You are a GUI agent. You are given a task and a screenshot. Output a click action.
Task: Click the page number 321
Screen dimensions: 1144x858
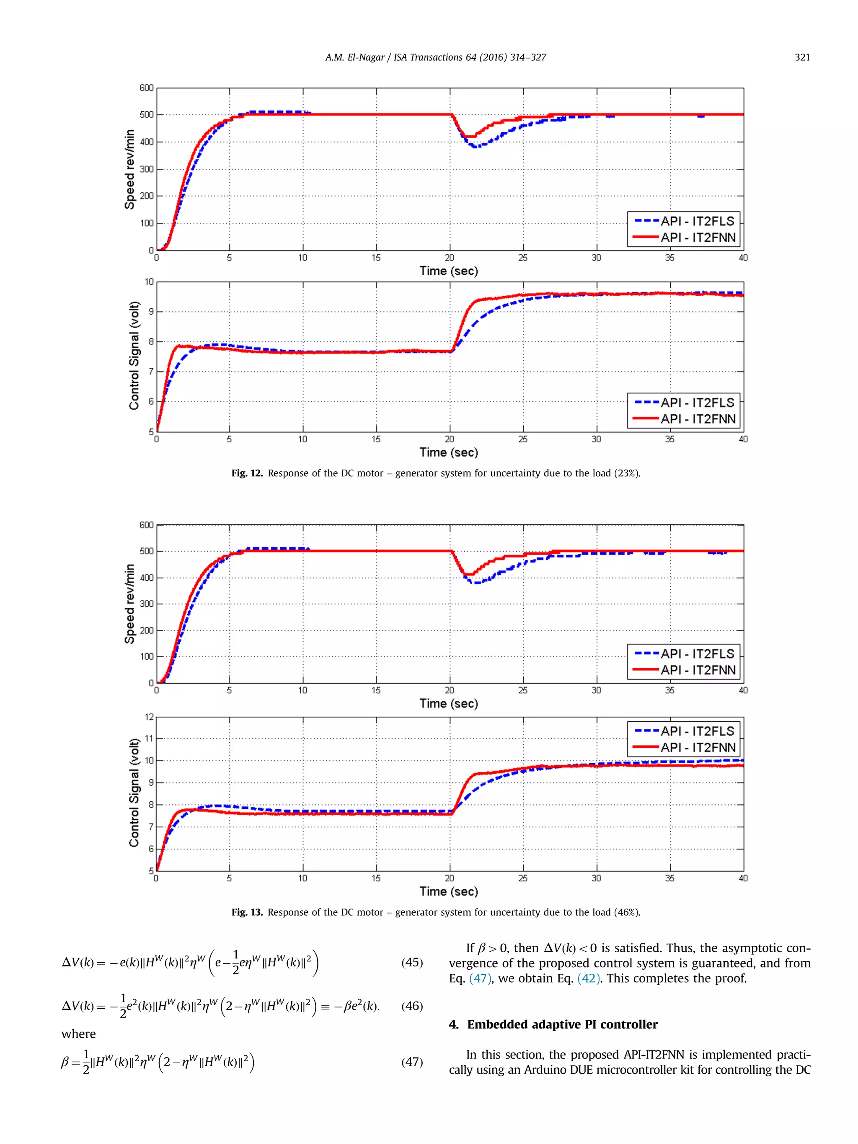click(x=801, y=57)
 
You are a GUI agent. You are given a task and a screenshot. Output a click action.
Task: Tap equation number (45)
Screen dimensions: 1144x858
click(x=412, y=962)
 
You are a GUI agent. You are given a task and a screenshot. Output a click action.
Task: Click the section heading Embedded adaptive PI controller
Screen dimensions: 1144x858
click(x=562, y=1025)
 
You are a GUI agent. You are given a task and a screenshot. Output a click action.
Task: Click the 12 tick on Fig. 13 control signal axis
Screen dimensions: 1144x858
click(x=149, y=717)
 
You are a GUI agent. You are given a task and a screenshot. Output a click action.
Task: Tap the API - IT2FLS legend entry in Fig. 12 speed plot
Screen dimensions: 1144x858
click(x=697, y=221)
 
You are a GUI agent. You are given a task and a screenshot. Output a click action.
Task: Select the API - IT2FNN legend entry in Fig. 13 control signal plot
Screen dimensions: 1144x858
click(x=697, y=747)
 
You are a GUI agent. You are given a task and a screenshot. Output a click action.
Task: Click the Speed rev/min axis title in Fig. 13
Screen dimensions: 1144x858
click(x=129, y=604)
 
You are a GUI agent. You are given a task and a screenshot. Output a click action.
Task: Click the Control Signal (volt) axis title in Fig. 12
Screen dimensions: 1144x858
click(x=134, y=356)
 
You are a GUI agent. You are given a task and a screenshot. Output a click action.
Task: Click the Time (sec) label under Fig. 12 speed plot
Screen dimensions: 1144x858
click(x=448, y=271)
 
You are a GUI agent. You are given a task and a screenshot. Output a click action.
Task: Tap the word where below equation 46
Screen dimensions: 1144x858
click(x=79, y=1034)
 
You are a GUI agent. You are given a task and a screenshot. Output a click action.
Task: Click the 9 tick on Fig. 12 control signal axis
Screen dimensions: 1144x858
click(x=151, y=312)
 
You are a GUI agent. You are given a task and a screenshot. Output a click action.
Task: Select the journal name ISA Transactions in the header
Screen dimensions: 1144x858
click(x=428, y=57)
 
